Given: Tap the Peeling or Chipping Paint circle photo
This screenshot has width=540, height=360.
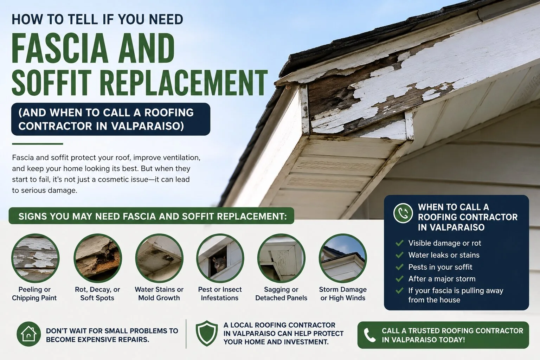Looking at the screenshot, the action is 35,258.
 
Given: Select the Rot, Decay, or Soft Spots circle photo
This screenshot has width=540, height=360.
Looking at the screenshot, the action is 98,258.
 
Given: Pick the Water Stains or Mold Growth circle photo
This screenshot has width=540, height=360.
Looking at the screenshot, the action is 159,258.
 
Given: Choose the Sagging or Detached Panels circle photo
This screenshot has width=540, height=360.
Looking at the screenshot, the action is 281,258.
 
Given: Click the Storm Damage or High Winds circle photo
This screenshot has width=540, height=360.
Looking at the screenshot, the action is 343,258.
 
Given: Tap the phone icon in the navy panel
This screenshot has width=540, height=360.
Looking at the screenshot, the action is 403,213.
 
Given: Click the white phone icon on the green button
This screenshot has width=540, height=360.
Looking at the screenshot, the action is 369,335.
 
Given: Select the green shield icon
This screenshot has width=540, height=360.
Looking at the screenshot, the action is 207,333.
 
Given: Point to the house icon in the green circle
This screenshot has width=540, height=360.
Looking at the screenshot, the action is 29,334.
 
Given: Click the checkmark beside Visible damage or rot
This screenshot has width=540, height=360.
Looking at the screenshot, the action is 399,243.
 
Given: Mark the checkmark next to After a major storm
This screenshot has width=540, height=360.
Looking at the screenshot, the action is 399,279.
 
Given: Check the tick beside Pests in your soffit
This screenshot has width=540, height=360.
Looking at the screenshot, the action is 399,267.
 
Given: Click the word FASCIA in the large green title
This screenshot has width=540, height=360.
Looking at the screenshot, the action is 60,48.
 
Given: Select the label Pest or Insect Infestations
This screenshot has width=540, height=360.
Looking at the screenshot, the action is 220,294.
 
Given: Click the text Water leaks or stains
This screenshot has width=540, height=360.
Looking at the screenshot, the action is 444,255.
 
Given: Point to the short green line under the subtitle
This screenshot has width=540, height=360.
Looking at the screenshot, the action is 38,144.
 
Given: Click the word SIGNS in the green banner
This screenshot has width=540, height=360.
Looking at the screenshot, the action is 32,216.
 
